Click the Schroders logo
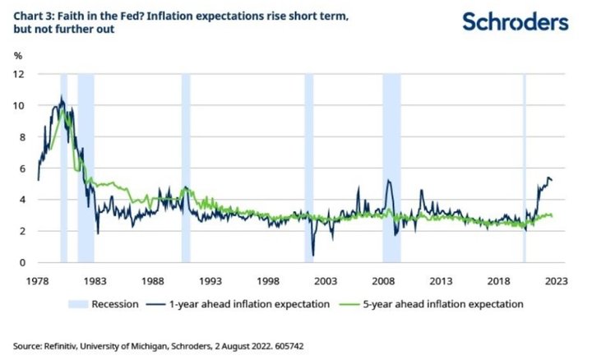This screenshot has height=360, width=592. (515, 21)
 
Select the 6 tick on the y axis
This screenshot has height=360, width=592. (22, 168)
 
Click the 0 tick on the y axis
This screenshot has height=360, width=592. (22, 263)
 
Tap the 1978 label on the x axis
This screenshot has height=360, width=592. (38, 279)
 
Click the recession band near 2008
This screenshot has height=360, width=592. (391, 164)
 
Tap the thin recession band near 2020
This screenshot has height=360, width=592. (524, 164)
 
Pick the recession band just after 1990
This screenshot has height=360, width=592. (186, 164)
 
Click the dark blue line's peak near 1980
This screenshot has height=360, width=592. (61, 98)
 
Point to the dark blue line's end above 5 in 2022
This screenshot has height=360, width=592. (552, 180)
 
